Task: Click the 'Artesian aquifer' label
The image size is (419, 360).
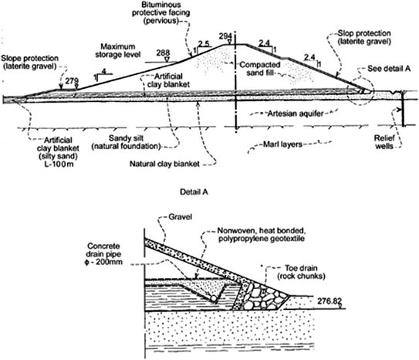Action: [288, 114]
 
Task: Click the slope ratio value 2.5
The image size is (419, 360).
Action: [204, 43]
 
